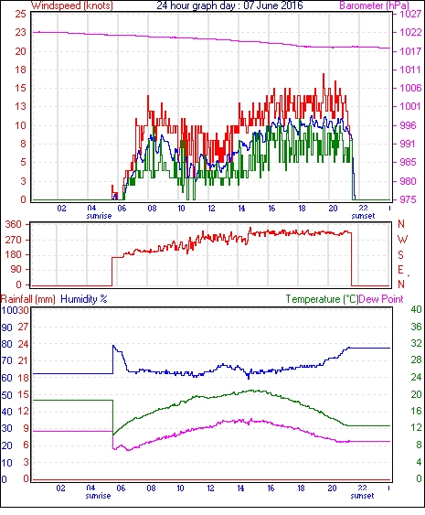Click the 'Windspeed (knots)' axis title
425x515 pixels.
click(72, 5)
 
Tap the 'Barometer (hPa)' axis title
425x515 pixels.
click(375, 5)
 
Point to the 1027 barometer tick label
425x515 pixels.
click(410, 14)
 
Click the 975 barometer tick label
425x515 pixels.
click(409, 199)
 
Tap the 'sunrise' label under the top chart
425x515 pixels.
click(99, 216)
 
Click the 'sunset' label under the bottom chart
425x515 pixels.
click(362, 496)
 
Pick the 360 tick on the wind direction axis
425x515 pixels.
click(13, 225)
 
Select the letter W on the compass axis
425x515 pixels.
click(402, 240)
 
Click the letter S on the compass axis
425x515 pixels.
click(400, 254)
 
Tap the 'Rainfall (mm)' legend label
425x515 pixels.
click(27, 299)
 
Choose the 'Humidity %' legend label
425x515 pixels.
click(84, 299)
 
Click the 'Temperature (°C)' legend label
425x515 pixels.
click(322, 299)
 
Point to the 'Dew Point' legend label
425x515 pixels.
click(381, 299)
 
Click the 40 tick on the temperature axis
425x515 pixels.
click(416, 309)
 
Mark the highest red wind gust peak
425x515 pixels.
click(324, 74)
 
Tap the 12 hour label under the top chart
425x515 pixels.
click(211, 209)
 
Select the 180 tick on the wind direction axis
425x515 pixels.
click(13, 254)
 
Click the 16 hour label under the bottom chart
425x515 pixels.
click(271, 488)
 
